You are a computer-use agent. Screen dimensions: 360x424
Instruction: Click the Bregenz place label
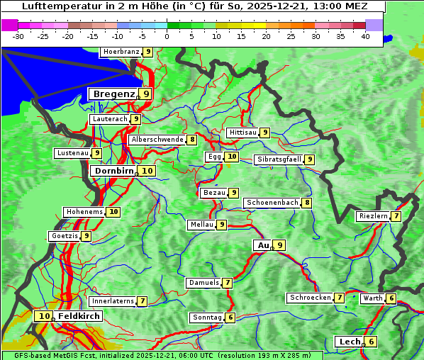coord(113,94)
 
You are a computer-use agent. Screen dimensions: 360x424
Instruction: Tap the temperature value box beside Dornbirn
coord(147,171)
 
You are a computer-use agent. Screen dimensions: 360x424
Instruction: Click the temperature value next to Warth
coord(391,298)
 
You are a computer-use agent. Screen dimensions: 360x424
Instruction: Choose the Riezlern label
coord(373,216)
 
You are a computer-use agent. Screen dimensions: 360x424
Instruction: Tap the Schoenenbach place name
coord(272,203)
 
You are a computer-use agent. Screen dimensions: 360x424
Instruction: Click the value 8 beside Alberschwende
coord(192,140)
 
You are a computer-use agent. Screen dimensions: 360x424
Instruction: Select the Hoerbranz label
coord(120,52)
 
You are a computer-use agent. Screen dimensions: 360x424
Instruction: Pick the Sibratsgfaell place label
coord(279,159)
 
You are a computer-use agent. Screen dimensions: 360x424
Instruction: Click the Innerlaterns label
coord(112,301)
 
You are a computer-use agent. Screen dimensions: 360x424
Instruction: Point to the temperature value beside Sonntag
coord(230,317)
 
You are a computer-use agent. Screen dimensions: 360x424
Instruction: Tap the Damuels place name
coord(203,283)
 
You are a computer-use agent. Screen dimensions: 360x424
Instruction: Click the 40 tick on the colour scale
coord(365,35)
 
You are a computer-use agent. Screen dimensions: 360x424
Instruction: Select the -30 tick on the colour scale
coord(18,35)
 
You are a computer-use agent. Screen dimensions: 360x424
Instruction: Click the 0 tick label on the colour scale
coord(167,35)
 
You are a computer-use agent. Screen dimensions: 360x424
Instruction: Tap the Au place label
coord(263,245)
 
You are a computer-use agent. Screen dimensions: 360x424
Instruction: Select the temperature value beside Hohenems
coord(113,212)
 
